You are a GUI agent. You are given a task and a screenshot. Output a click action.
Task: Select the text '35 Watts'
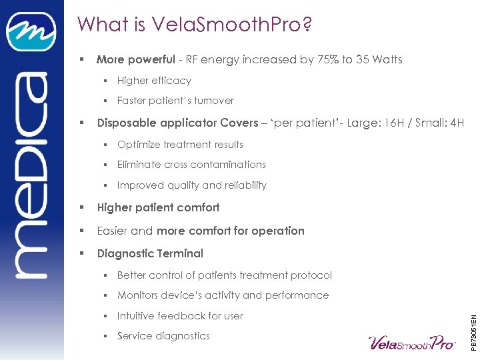point(379,60)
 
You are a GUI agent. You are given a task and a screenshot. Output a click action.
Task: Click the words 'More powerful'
point(135,60)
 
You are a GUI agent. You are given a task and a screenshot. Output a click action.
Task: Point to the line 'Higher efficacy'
point(154,81)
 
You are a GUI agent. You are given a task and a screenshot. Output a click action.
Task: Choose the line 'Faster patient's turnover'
point(175,101)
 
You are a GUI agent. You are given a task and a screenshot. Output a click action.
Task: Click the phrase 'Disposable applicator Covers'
point(177,123)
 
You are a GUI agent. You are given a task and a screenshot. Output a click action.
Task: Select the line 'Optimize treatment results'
point(180,145)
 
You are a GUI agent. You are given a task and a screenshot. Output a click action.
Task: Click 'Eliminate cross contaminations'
point(191,165)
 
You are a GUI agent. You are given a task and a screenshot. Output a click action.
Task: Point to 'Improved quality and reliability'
point(191,185)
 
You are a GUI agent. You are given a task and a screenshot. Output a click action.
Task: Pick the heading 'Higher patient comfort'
point(158,207)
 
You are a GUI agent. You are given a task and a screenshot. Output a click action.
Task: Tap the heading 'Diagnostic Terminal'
point(150,253)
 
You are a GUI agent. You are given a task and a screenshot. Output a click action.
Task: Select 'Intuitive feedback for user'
point(180,316)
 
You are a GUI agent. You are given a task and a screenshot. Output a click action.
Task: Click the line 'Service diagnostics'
point(163,336)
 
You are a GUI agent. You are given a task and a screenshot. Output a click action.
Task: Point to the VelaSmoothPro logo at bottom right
point(411,342)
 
